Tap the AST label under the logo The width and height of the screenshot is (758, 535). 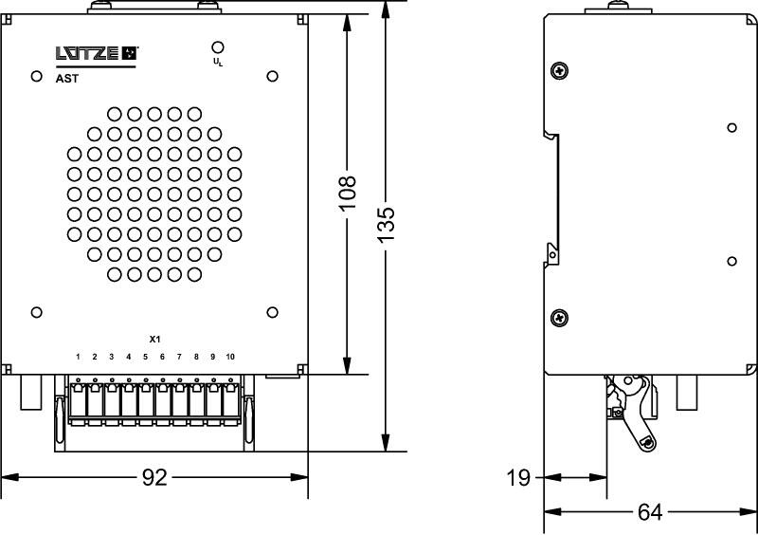[x=67, y=80]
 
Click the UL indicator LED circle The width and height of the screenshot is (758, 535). [x=217, y=47]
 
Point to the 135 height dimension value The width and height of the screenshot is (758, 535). [x=386, y=225]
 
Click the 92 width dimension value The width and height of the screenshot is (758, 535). [x=153, y=478]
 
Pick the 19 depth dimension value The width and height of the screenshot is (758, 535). [x=518, y=478]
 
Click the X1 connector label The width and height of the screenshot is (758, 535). [x=155, y=339]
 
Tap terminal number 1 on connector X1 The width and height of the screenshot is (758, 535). [x=79, y=357]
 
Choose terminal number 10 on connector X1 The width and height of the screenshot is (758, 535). [x=229, y=357]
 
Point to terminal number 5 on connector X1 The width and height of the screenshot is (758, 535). [x=145, y=357]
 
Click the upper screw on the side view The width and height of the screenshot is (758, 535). [x=560, y=70]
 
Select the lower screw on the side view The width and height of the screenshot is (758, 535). [x=560, y=317]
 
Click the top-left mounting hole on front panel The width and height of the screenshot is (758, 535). [x=37, y=76]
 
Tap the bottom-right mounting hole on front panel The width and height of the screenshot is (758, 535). [x=272, y=312]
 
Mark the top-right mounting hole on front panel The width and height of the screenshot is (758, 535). [x=272, y=76]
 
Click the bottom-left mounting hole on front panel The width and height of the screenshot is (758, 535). [x=37, y=312]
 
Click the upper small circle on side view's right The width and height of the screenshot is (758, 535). [x=731, y=127]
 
